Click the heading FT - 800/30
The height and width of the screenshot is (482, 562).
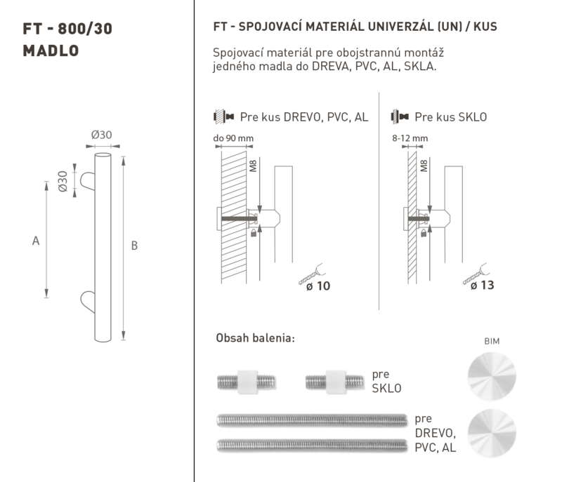[67, 29]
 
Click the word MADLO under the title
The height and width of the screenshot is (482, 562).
[51, 51]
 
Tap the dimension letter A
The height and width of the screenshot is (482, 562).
[36, 241]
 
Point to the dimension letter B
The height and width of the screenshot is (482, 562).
[134, 246]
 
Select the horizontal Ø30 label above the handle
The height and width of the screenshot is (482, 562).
[101, 135]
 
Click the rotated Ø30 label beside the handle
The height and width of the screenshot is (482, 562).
[63, 182]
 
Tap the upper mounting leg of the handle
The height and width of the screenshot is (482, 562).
[87, 181]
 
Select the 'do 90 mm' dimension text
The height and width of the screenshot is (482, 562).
[233, 138]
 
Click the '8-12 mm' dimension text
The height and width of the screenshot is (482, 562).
[410, 138]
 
